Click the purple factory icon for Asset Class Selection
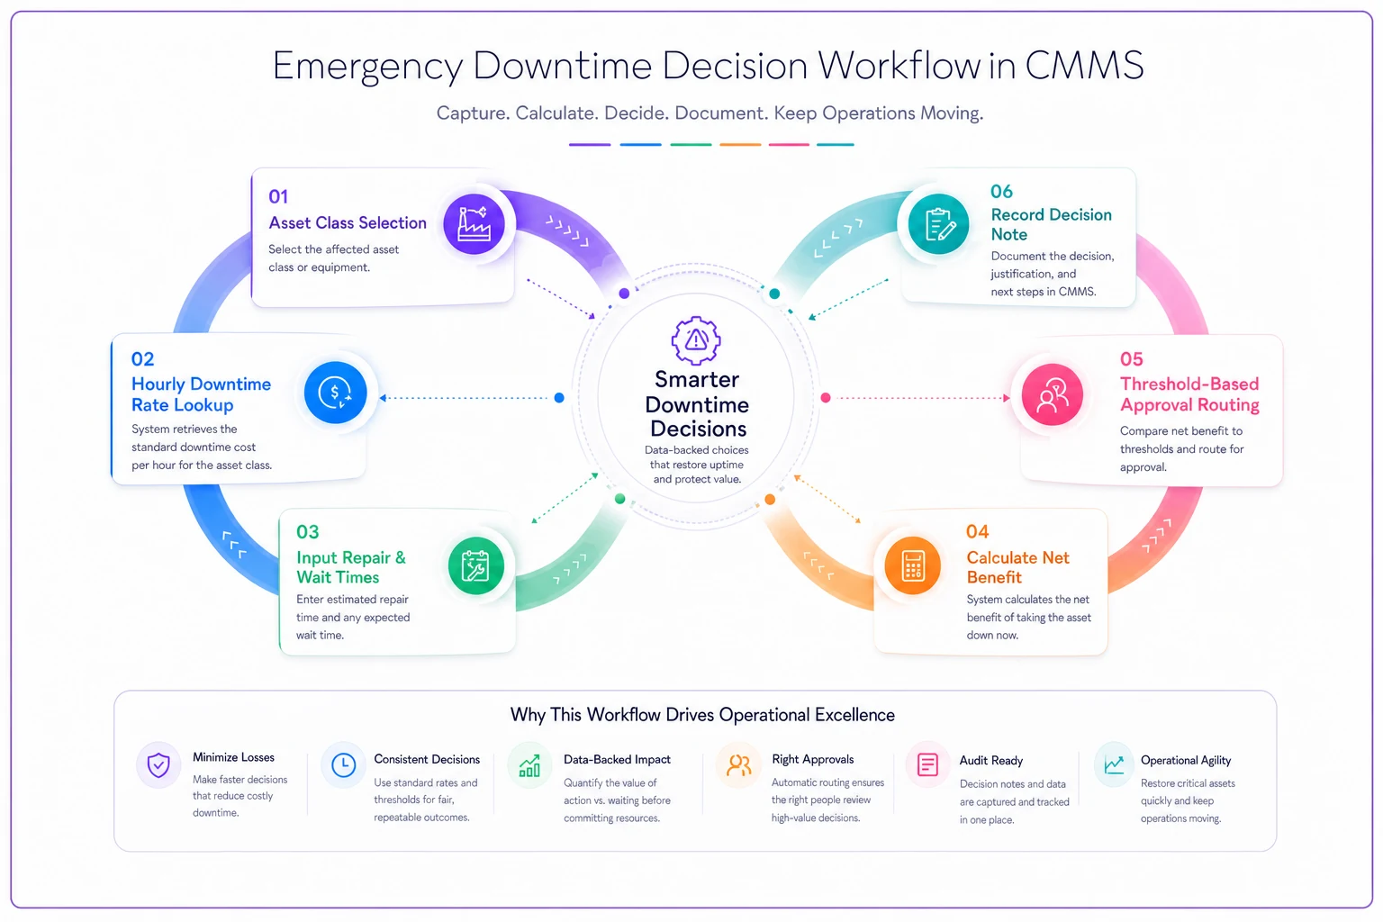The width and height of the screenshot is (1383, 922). [474, 223]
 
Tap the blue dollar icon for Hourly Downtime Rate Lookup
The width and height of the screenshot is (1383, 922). [335, 393]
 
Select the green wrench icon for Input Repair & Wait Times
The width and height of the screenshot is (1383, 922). [475, 565]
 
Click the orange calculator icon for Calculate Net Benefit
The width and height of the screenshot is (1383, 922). [912, 565]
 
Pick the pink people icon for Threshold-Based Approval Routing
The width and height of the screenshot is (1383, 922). [1052, 394]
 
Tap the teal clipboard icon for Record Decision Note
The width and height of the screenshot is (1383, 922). [938, 223]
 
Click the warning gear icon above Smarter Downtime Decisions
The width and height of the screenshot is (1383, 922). [696, 339]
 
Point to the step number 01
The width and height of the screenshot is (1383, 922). [278, 196]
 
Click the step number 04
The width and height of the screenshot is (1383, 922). [977, 531]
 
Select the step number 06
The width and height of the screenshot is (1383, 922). [1001, 192]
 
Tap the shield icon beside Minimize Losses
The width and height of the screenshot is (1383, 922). [158, 764]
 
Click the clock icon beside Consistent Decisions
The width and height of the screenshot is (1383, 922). [343, 764]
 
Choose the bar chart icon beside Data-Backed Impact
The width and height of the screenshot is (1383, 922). [529, 765]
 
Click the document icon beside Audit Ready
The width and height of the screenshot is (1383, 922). [927, 764]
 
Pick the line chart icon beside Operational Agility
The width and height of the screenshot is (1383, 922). [1114, 765]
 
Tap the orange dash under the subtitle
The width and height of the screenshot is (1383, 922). [739, 144]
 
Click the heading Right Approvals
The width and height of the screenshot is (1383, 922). [812, 759]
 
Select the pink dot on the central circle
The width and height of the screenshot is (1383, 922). [825, 398]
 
